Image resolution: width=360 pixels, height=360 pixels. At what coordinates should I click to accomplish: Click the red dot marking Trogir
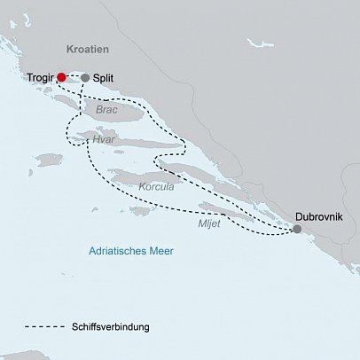click(x=61, y=77)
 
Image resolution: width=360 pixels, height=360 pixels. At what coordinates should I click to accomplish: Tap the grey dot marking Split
click(x=85, y=78)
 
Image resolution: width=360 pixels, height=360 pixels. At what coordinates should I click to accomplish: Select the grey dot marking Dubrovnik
click(x=296, y=229)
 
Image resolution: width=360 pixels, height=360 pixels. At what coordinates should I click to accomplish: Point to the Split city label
click(x=103, y=78)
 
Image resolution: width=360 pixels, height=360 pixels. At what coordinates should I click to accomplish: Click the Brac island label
click(x=107, y=110)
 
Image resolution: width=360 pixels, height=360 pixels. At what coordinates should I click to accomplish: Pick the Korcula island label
click(x=156, y=187)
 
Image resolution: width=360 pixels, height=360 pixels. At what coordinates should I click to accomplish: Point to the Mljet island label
click(x=209, y=224)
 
